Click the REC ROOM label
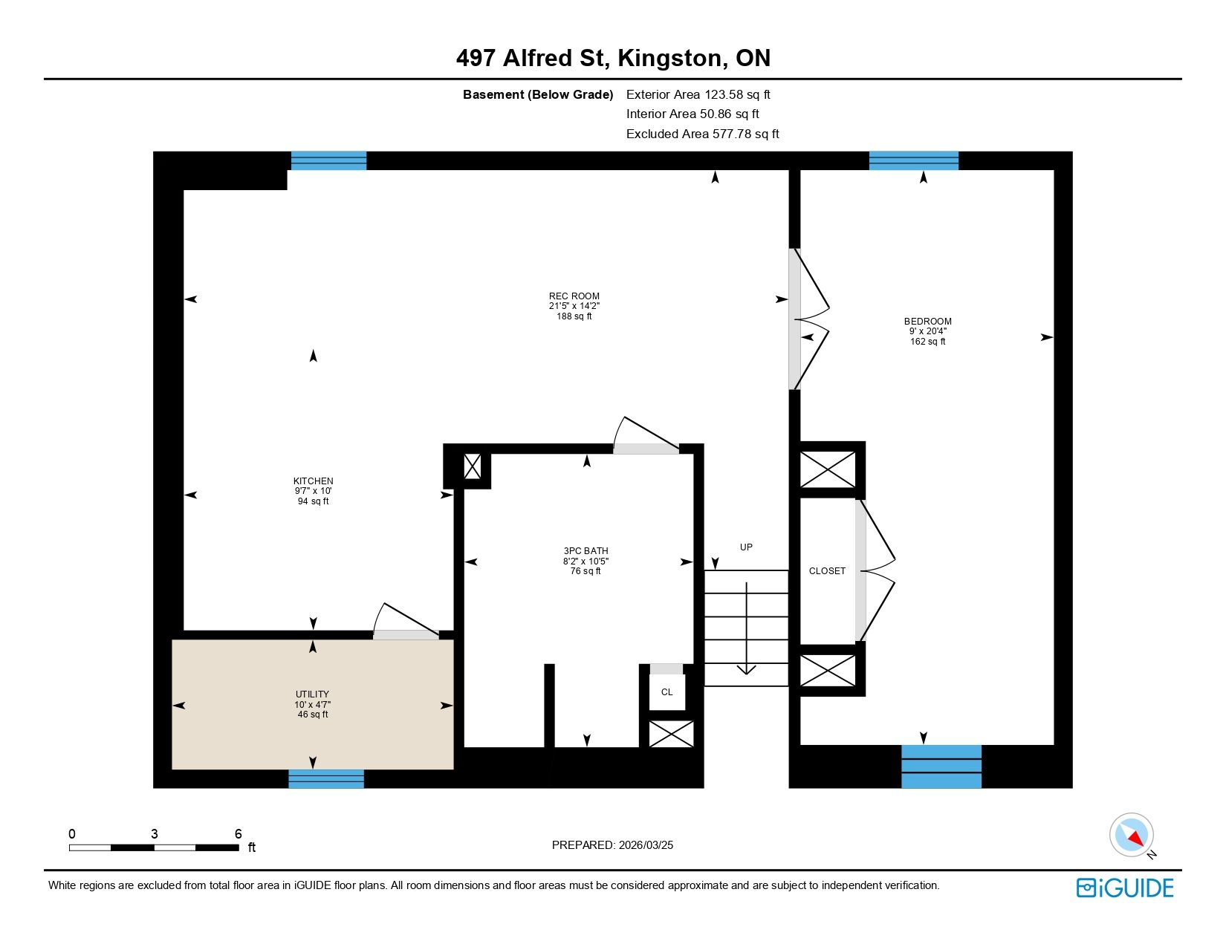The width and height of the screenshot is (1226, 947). tap(574, 296)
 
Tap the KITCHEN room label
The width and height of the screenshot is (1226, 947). tap(313, 481)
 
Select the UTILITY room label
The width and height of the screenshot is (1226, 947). tap(312, 694)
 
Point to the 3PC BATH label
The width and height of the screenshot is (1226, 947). tap(586, 551)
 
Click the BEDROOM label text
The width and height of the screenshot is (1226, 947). tap(927, 322)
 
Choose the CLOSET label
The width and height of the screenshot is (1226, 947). tap(827, 570)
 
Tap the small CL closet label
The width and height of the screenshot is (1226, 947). tap(667, 692)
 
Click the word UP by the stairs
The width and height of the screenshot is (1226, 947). tap(746, 547)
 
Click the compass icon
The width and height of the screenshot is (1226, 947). tap(1131, 836)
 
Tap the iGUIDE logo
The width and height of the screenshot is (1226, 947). tap(1124, 888)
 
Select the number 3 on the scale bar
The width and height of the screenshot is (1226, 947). tap(154, 833)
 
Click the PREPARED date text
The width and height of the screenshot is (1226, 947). tap(612, 845)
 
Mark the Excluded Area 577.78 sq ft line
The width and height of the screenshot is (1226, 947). tap(702, 134)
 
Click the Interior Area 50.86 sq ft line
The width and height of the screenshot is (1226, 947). tap(693, 114)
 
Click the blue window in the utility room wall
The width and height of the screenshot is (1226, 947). tap(326, 779)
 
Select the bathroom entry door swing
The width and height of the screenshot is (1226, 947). tap(646, 435)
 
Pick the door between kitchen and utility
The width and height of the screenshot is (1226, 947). tap(406, 621)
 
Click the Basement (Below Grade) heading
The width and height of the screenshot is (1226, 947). tap(538, 95)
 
